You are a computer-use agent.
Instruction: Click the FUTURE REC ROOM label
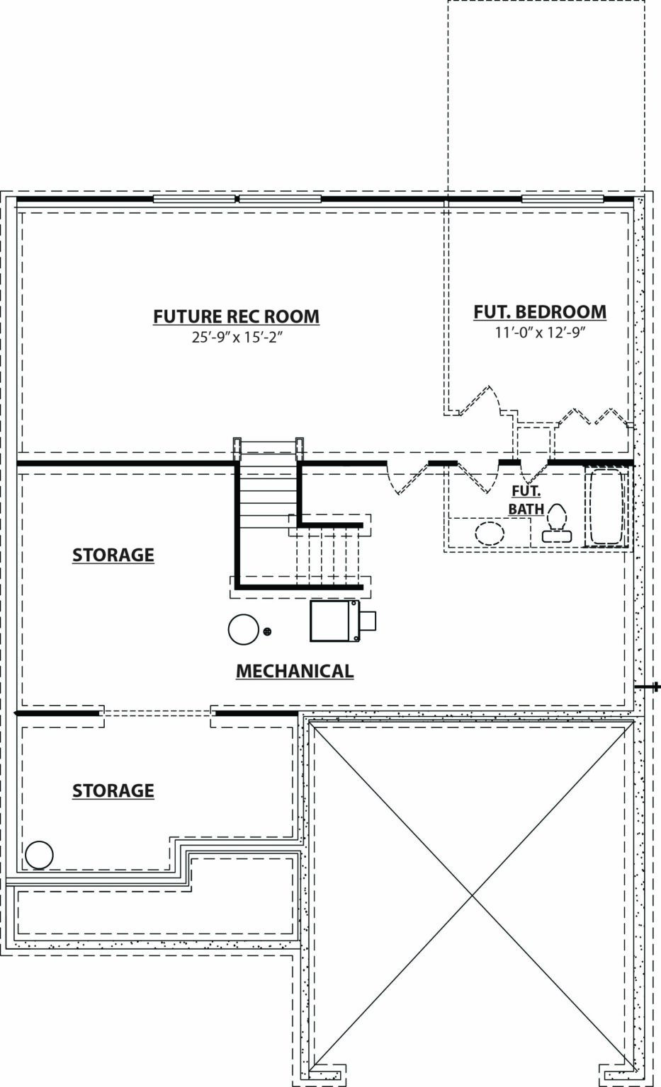pyautogui.click(x=237, y=316)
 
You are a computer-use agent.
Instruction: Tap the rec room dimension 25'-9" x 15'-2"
pyautogui.click(x=237, y=338)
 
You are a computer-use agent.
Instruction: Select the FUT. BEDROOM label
pyautogui.click(x=540, y=311)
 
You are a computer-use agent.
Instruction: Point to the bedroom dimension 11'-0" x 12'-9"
pyautogui.click(x=540, y=333)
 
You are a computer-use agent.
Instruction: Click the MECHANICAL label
pyautogui.click(x=295, y=671)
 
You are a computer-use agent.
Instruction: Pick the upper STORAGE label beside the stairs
pyautogui.click(x=113, y=555)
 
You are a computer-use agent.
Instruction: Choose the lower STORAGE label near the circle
pyautogui.click(x=113, y=790)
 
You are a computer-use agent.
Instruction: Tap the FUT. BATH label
pyautogui.click(x=526, y=500)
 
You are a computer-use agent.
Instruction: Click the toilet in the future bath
pyautogui.click(x=557, y=523)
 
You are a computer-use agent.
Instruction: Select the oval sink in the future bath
pyautogui.click(x=489, y=534)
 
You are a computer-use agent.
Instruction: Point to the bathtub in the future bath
pyautogui.click(x=606, y=507)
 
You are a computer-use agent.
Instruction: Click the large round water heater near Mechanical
pyautogui.click(x=243, y=629)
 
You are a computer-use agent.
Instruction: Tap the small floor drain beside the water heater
pyautogui.click(x=267, y=631)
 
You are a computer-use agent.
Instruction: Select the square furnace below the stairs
pyautogui.click(x=343, y=621)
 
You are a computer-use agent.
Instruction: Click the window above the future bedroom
pyautogui.click(x=563, y=199)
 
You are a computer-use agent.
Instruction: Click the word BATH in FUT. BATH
pyautogui.click(x=526, y=509)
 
